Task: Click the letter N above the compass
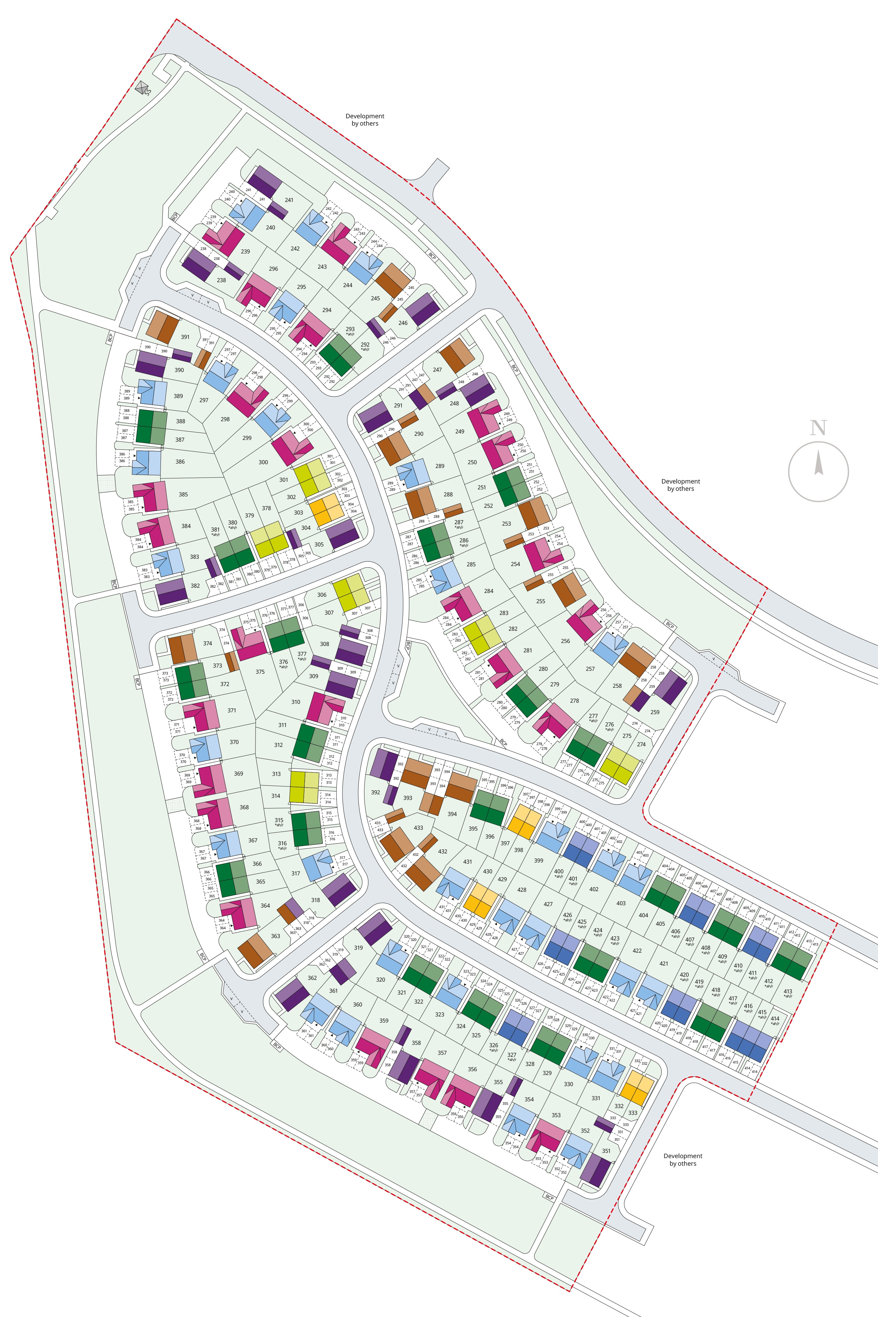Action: pyautogui.click(x=818, y=428)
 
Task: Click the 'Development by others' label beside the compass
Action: pyautogui.click(x=680, y=485)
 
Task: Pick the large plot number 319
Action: pyautogui.click(x=358, y=948)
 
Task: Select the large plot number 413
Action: pyautogui.click(x=788, y=991)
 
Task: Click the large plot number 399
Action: pyautogui.click(x=539, y=861)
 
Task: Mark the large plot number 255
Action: pyautogui.click(x=540, y=601)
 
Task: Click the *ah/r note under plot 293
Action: pyautogui.click(x=350, y=334)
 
